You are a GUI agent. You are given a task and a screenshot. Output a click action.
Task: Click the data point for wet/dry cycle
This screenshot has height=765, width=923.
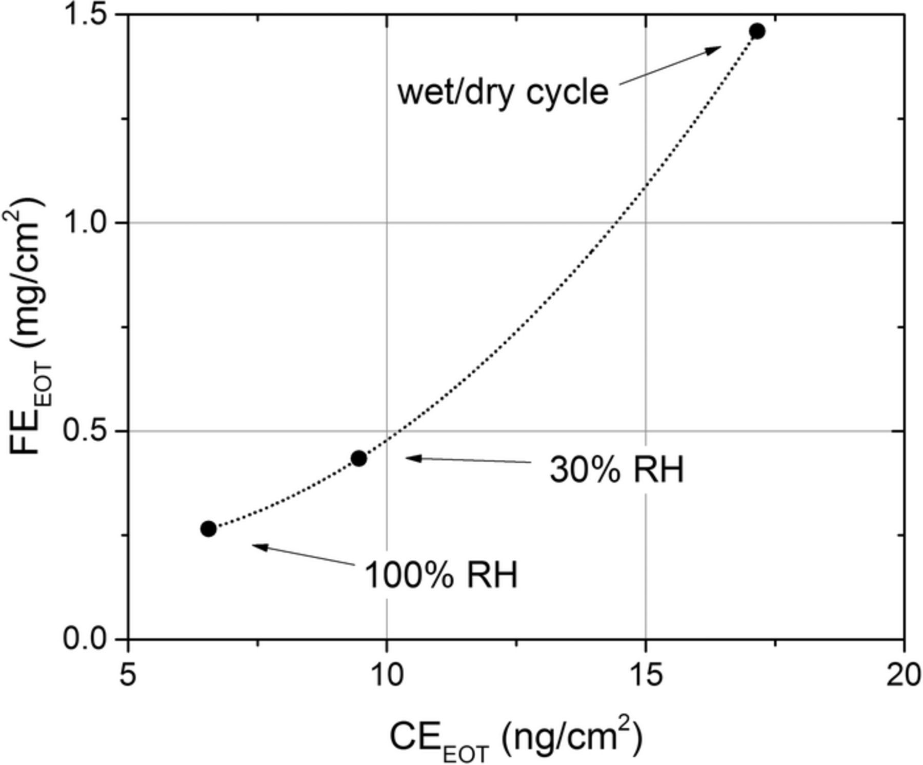coord(757,31)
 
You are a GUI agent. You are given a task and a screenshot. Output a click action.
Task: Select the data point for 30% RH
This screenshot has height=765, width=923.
coord(359,458)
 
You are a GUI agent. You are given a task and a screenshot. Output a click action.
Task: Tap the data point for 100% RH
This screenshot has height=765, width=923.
coord(208,528)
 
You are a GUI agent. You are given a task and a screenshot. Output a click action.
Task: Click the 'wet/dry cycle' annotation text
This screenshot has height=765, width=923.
coord(503,93)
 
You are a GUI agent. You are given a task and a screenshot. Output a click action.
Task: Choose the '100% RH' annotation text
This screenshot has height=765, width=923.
coord(441,575)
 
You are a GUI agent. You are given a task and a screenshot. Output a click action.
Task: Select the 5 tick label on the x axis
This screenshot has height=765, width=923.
coord(128,676)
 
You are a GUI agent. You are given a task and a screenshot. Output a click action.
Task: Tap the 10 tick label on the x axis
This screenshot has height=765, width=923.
coord(387,676)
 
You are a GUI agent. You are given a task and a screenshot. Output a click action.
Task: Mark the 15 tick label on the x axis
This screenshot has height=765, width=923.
coord(645,676)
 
